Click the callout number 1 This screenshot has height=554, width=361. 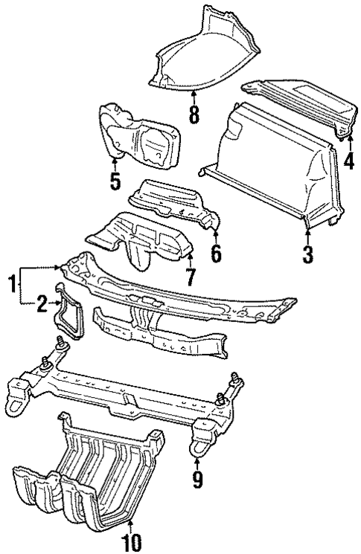point(10,283)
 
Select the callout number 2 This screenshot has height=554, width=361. point(42,301)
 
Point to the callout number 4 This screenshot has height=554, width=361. point(348,161)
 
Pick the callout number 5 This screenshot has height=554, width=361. point(115,181)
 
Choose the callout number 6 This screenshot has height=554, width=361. point(216,254)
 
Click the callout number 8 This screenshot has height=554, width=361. point(194,115)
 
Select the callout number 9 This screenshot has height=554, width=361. point(197,481)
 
